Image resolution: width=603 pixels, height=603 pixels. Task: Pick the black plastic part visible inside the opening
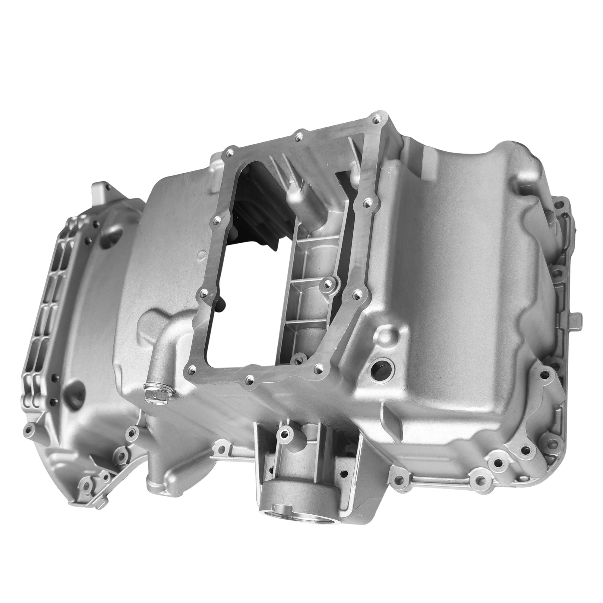coord(250,219)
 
